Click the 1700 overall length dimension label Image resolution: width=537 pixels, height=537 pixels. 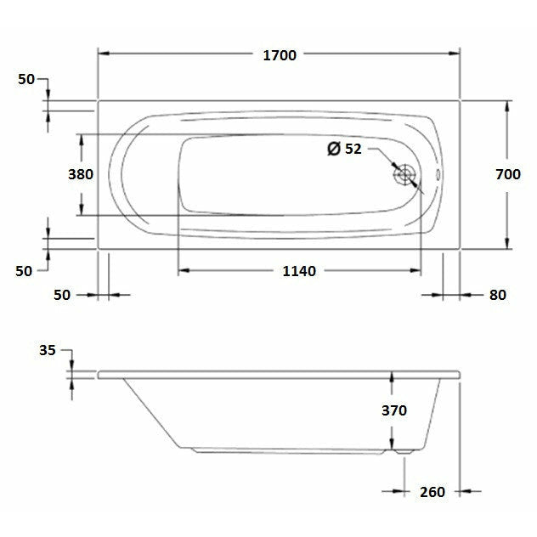click(280, 55)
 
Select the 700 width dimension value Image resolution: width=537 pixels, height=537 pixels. click(507, 174)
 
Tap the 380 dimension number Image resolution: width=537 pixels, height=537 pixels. click(80, 174)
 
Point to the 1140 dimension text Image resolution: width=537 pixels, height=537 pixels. click(298, 271)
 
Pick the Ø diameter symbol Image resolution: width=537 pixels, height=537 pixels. click(334, 149)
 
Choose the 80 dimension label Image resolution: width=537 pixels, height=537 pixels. click(497, 295)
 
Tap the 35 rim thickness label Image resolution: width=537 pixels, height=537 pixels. click(48, 349)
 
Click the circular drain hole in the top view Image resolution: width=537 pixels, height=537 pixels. click(405, 175)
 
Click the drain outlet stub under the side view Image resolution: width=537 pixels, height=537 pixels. click(406, 452)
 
